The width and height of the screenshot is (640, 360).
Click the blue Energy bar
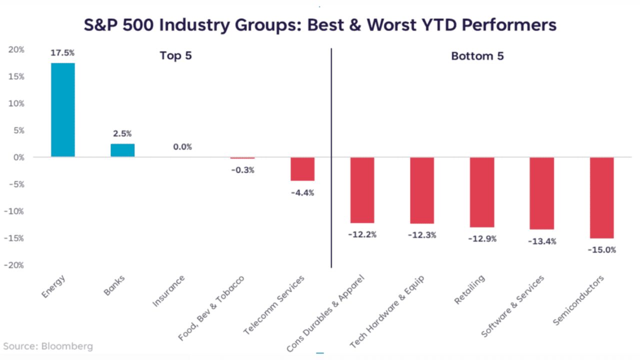click(x=62, y=110)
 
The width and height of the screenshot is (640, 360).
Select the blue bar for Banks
click(x=122, y=150)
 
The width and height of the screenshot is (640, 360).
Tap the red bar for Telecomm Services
click(x=302, y=169)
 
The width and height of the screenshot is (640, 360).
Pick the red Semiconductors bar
click(x=602, y=197)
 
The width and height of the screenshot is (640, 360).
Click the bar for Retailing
click(x=482, y=192)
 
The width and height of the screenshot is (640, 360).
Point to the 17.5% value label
click(x=62, y=52)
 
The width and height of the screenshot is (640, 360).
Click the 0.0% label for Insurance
click(x=182, y=147)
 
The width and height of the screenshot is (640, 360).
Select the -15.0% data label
click(x=602, y=249)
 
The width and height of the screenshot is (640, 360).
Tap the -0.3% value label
click(x=242, y=170)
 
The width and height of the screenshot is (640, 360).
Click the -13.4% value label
click(x=542, y=241)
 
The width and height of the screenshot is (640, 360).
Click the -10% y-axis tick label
click(x=14, y=211)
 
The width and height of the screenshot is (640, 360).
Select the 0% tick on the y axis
click(x=18, y=157)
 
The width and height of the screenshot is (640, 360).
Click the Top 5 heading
click(x=175, y=56)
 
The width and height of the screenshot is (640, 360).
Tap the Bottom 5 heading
click(x=477, y=56)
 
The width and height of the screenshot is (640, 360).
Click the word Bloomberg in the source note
click(x=67, y=346)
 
